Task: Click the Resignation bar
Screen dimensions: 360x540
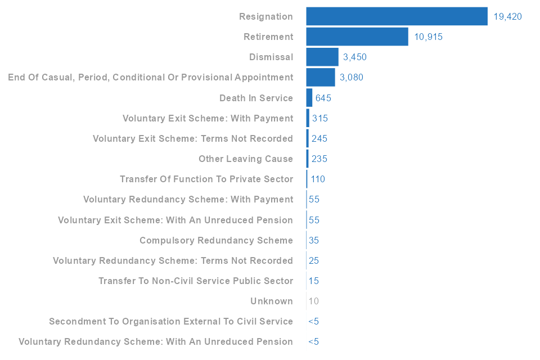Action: tap(397, 16)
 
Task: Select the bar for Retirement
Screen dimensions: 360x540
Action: tap(357, 37)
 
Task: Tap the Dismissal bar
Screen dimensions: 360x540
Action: tap(322, 57)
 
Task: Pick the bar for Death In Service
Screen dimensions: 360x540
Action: tap(309, 98)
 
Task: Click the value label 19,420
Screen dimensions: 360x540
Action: tap(507, 17)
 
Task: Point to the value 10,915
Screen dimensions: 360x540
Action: tap(428, 37)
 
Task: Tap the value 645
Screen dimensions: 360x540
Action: tap(323, 98)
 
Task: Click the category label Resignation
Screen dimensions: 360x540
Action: tap(266, 17)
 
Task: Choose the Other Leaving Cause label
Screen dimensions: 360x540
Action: tap(246, 159)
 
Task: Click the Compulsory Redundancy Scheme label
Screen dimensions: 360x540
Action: tap(217, 241)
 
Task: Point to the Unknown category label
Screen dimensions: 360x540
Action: tap(272, 301)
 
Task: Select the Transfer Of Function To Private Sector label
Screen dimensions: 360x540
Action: tap(206, 179)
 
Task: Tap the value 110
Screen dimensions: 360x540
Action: tap(318, 179)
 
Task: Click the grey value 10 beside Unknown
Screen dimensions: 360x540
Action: tap(314, 301)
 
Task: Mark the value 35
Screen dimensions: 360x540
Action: tap(314, 241)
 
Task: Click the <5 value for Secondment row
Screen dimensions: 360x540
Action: tap(313, 322)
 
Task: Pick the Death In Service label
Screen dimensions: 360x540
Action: tap(256, 98)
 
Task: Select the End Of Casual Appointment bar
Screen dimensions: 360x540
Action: tap(321, 77)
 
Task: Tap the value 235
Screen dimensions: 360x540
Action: tap(319, 159)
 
